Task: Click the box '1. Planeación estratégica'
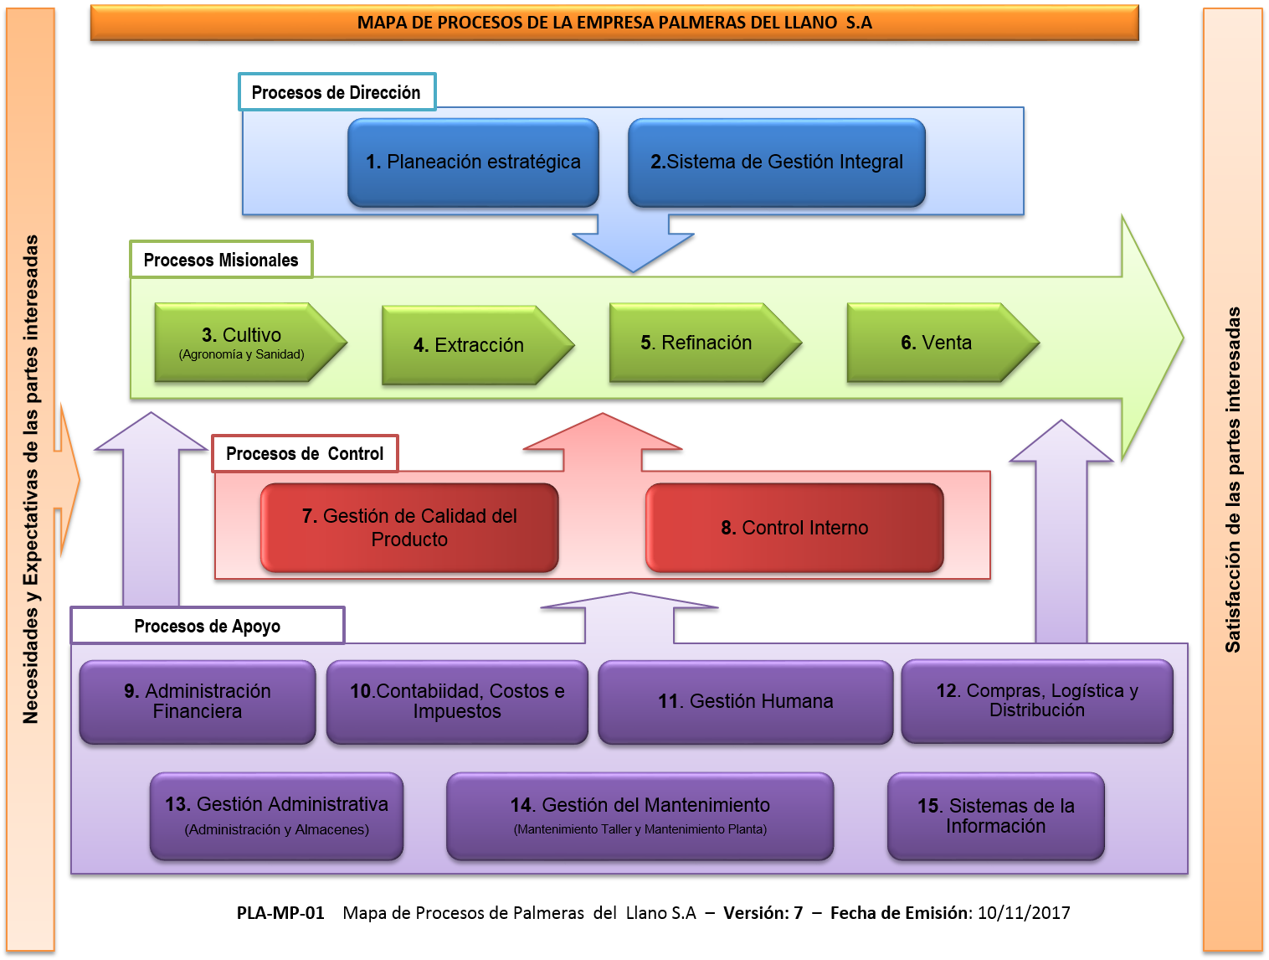[473, 163]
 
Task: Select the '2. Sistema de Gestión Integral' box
[777, 163]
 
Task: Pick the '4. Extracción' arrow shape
[470, 345]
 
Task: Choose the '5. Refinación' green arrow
[697, 343]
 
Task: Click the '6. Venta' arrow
[935, 343]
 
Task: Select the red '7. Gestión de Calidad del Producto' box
[409, 528]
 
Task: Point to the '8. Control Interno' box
[794, 528]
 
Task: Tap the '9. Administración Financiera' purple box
[198, 702]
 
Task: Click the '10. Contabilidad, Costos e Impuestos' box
[457, 702]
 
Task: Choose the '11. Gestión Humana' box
[745, 702]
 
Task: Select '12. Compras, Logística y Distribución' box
[1037, 701]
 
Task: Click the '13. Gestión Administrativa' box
[276, 816]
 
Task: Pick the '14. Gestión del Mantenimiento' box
[640, 816]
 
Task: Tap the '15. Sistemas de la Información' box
[995, 816]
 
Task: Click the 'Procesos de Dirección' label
[337, 92]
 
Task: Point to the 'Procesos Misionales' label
[221, 260]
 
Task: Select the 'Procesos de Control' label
[305, 454]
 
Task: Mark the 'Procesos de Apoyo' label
[208, 626]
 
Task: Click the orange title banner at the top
[614, 23]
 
